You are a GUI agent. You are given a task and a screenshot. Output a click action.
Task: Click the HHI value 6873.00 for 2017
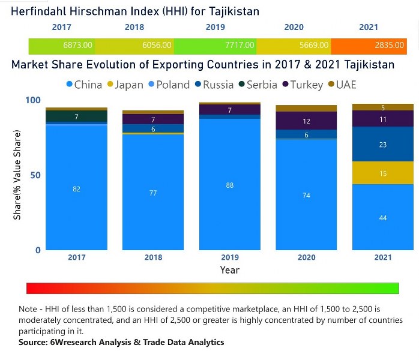(77, 45)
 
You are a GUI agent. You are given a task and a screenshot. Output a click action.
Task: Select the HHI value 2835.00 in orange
(390, 45)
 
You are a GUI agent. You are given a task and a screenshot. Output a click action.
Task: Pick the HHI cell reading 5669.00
(314, 45)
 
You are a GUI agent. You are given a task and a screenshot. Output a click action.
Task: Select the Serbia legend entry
(258, 85)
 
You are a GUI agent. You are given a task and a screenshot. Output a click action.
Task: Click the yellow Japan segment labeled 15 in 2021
(383, 173)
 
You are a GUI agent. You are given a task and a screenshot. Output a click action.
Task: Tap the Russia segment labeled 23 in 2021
(383, 144)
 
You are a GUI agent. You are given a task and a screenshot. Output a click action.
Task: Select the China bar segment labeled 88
(230, 185)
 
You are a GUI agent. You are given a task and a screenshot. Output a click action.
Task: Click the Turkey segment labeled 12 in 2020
(306, 121)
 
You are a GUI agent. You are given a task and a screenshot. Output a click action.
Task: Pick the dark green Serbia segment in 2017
(76, 116)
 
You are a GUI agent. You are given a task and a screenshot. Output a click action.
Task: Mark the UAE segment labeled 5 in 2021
(383, 107)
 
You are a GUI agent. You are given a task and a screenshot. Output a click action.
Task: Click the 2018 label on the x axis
(153, 257)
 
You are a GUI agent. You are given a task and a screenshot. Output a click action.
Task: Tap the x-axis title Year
(229, 270)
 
